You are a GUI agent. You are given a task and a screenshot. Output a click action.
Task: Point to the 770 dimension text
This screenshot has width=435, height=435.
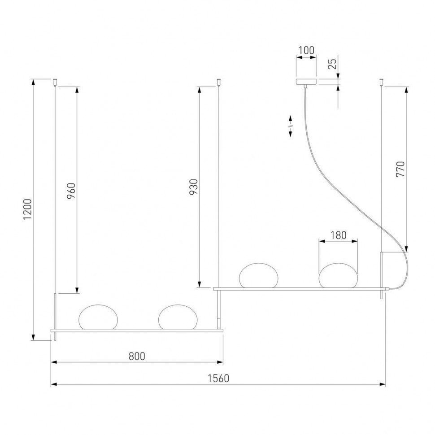tap(400, 169)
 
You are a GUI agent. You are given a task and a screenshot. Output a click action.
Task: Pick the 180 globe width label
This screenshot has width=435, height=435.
tap(338, 235)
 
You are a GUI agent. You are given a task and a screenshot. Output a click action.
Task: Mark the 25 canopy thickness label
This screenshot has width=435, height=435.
tap(332, 63)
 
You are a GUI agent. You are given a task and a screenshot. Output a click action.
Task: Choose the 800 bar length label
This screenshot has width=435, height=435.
tap(137, 356)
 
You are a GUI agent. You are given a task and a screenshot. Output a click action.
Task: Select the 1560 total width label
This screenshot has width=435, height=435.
tap(218, 378)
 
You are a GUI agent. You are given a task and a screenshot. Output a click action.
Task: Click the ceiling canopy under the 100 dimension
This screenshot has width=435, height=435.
tap(306, 82)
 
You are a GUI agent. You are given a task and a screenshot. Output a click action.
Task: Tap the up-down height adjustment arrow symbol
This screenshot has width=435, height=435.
tap(290, 127)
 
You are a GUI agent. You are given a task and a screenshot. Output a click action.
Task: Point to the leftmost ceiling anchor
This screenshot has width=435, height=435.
tap(55, 82)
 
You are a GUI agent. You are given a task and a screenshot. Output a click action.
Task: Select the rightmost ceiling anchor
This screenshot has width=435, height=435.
tap(381, 82)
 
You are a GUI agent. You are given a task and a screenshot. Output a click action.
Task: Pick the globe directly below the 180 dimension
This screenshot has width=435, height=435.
tap(338, 275)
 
